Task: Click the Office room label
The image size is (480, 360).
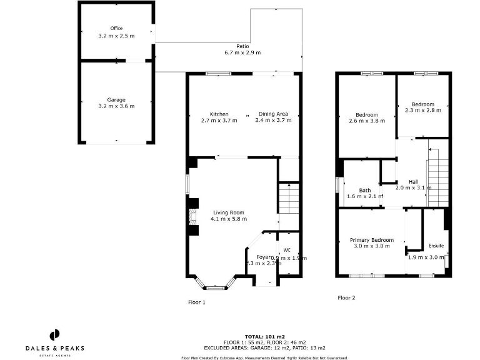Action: (x=116, y=28)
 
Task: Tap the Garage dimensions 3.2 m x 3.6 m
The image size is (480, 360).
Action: (x=116, y=107)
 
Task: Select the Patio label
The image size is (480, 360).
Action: (x=242, y=46)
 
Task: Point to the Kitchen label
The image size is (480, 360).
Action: (x=219, y=114)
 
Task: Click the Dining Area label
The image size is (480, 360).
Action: (x=273, y=114)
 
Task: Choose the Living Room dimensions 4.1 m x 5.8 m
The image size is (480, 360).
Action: (x=229, y=219)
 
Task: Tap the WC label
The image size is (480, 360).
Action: (x=287, y=250)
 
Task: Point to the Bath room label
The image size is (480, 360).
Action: (x=365, y=191)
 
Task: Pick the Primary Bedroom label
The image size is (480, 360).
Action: (x=371, y=240)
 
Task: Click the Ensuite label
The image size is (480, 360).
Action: (x=436, y=246)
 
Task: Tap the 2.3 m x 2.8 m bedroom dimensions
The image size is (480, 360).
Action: (x=422, y=111)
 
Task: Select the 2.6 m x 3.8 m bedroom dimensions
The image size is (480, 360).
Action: (x=366, y=121)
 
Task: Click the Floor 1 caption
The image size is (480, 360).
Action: (x=197, y=302)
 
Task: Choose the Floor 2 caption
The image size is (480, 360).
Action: (x=347, y=298)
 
